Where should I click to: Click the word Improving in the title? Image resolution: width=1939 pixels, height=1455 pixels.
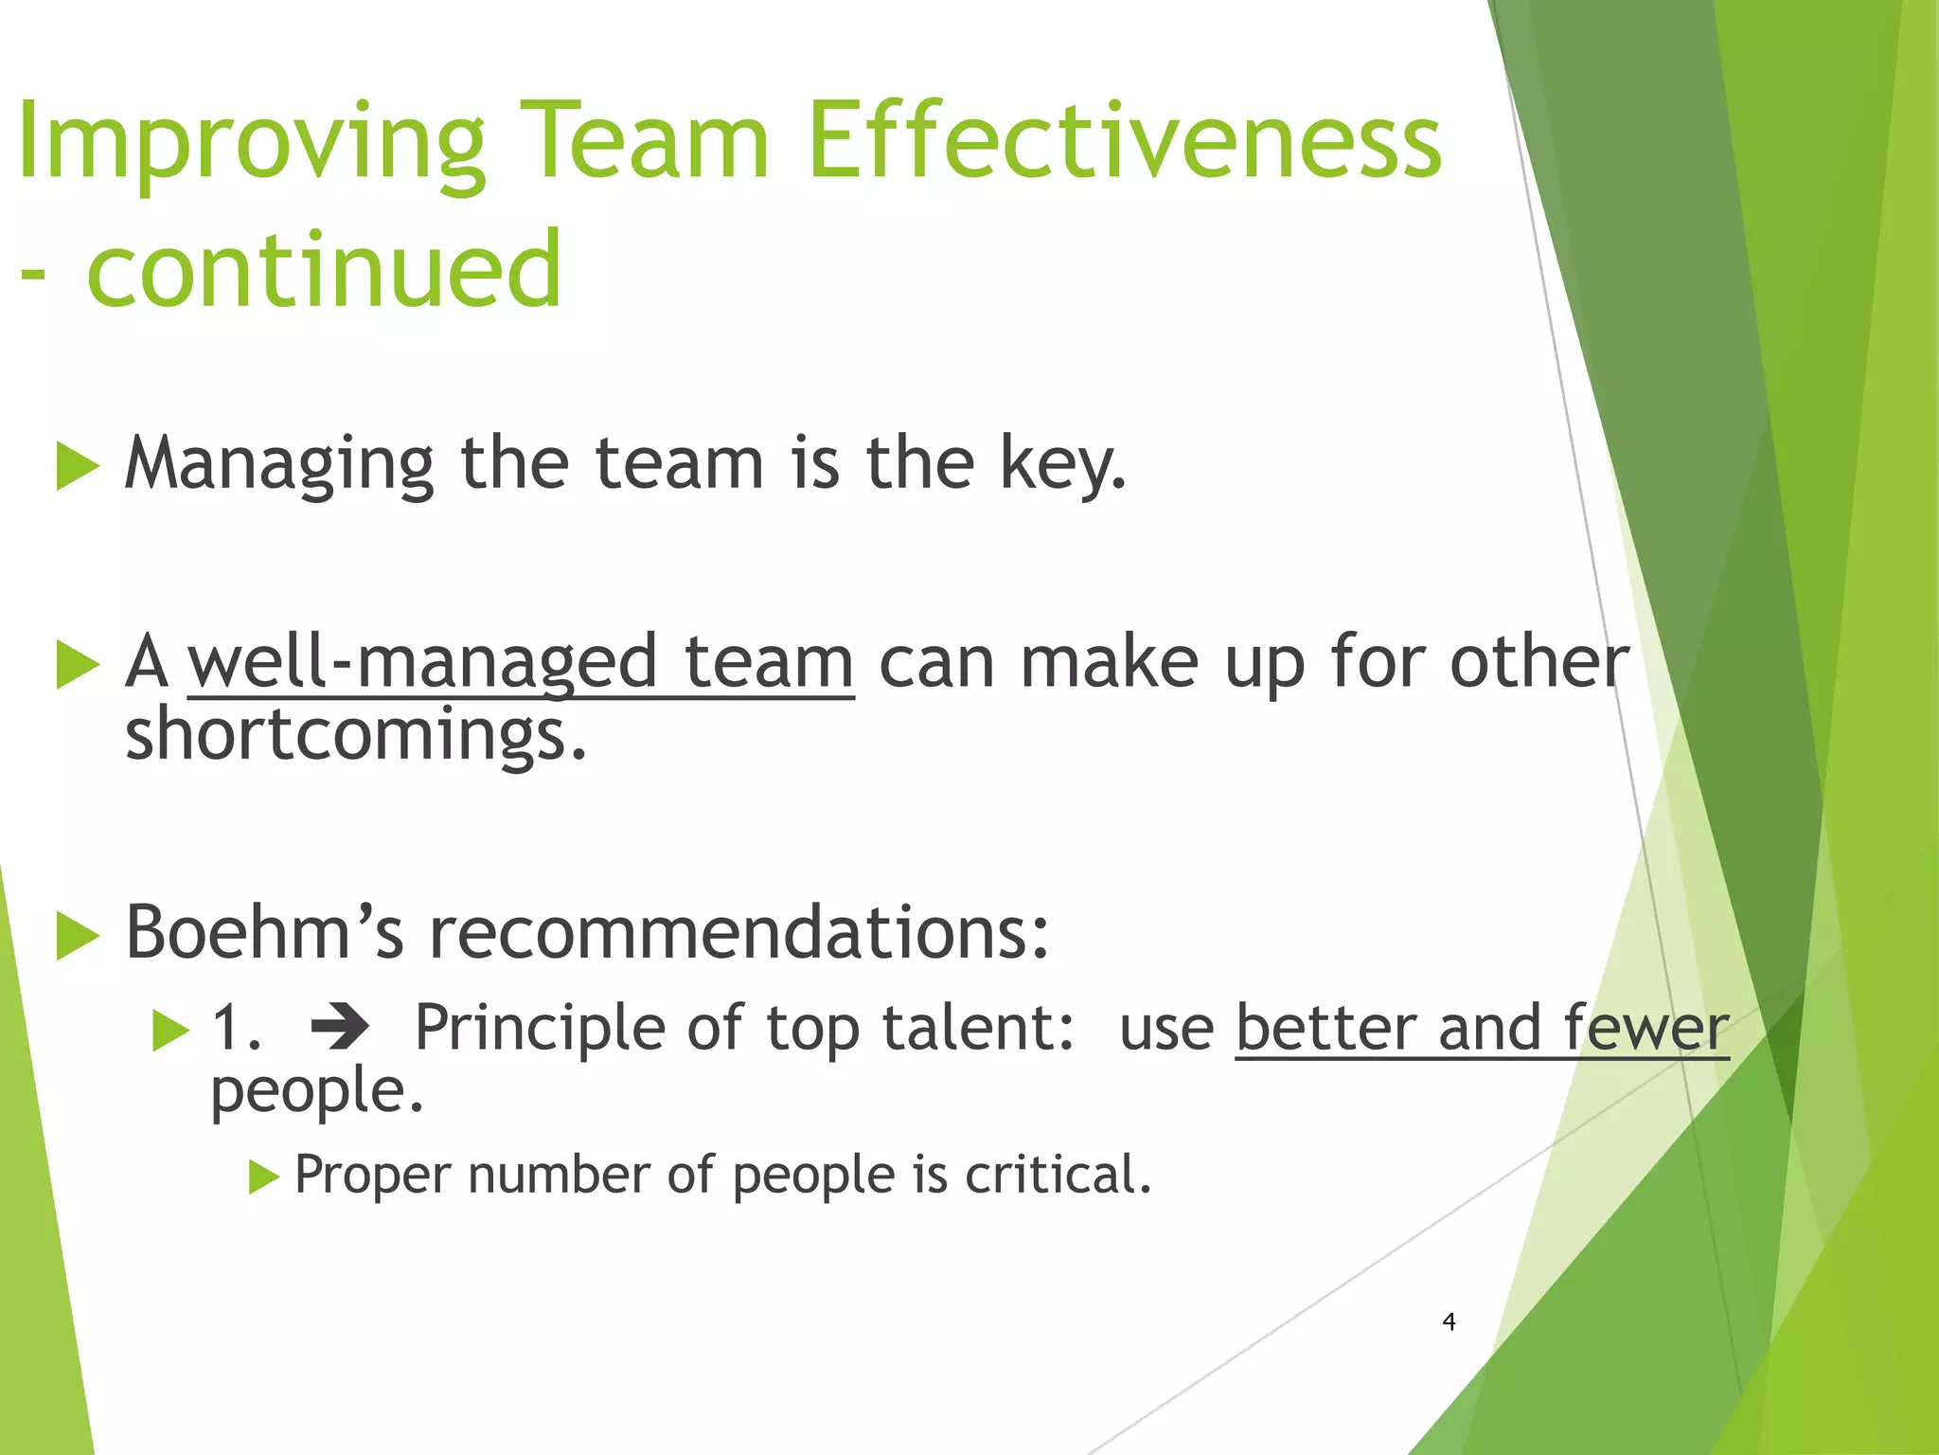click(x=251, y=142)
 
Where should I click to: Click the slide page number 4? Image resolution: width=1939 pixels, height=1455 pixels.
click(x=1449, y=1321)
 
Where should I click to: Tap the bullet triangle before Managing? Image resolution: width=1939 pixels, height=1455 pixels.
click(x=78, y=466)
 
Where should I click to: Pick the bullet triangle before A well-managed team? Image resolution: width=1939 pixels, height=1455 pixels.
click(x=78, y=664)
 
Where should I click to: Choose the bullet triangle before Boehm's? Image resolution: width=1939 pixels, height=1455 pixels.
click(x=78, y=936)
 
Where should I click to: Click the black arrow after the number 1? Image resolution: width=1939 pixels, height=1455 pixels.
click(x=340, y=1028)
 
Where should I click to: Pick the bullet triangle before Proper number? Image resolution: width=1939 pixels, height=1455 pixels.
click(x=264, y=1177)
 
